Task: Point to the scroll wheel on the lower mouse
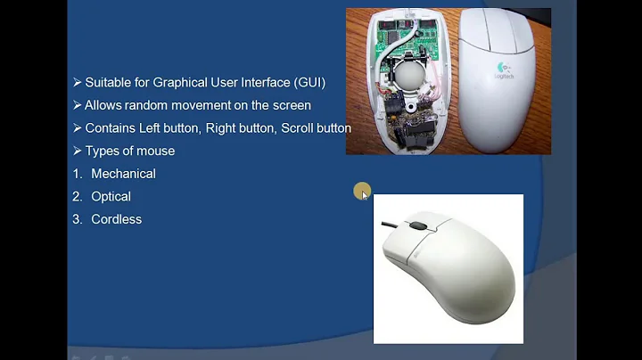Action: pyautogui.click(x=415, y=226)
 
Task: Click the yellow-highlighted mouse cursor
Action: pyautogui.click(x=362, y=192)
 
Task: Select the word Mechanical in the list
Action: pyautogui.click(x=123, y=174)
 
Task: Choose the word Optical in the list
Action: pyautogui.click(x=111, y=196)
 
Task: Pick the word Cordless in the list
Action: pyautogui.click(x=116, y=219)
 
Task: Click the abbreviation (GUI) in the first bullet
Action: pyautogui.click(x=308, y=82)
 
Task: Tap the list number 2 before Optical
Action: pyautogui.click(x=77, y=196)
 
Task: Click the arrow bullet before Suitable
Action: pyautogui.click(x=77, y=82)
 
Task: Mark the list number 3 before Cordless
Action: pyautogui.click(x=77, y=219)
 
